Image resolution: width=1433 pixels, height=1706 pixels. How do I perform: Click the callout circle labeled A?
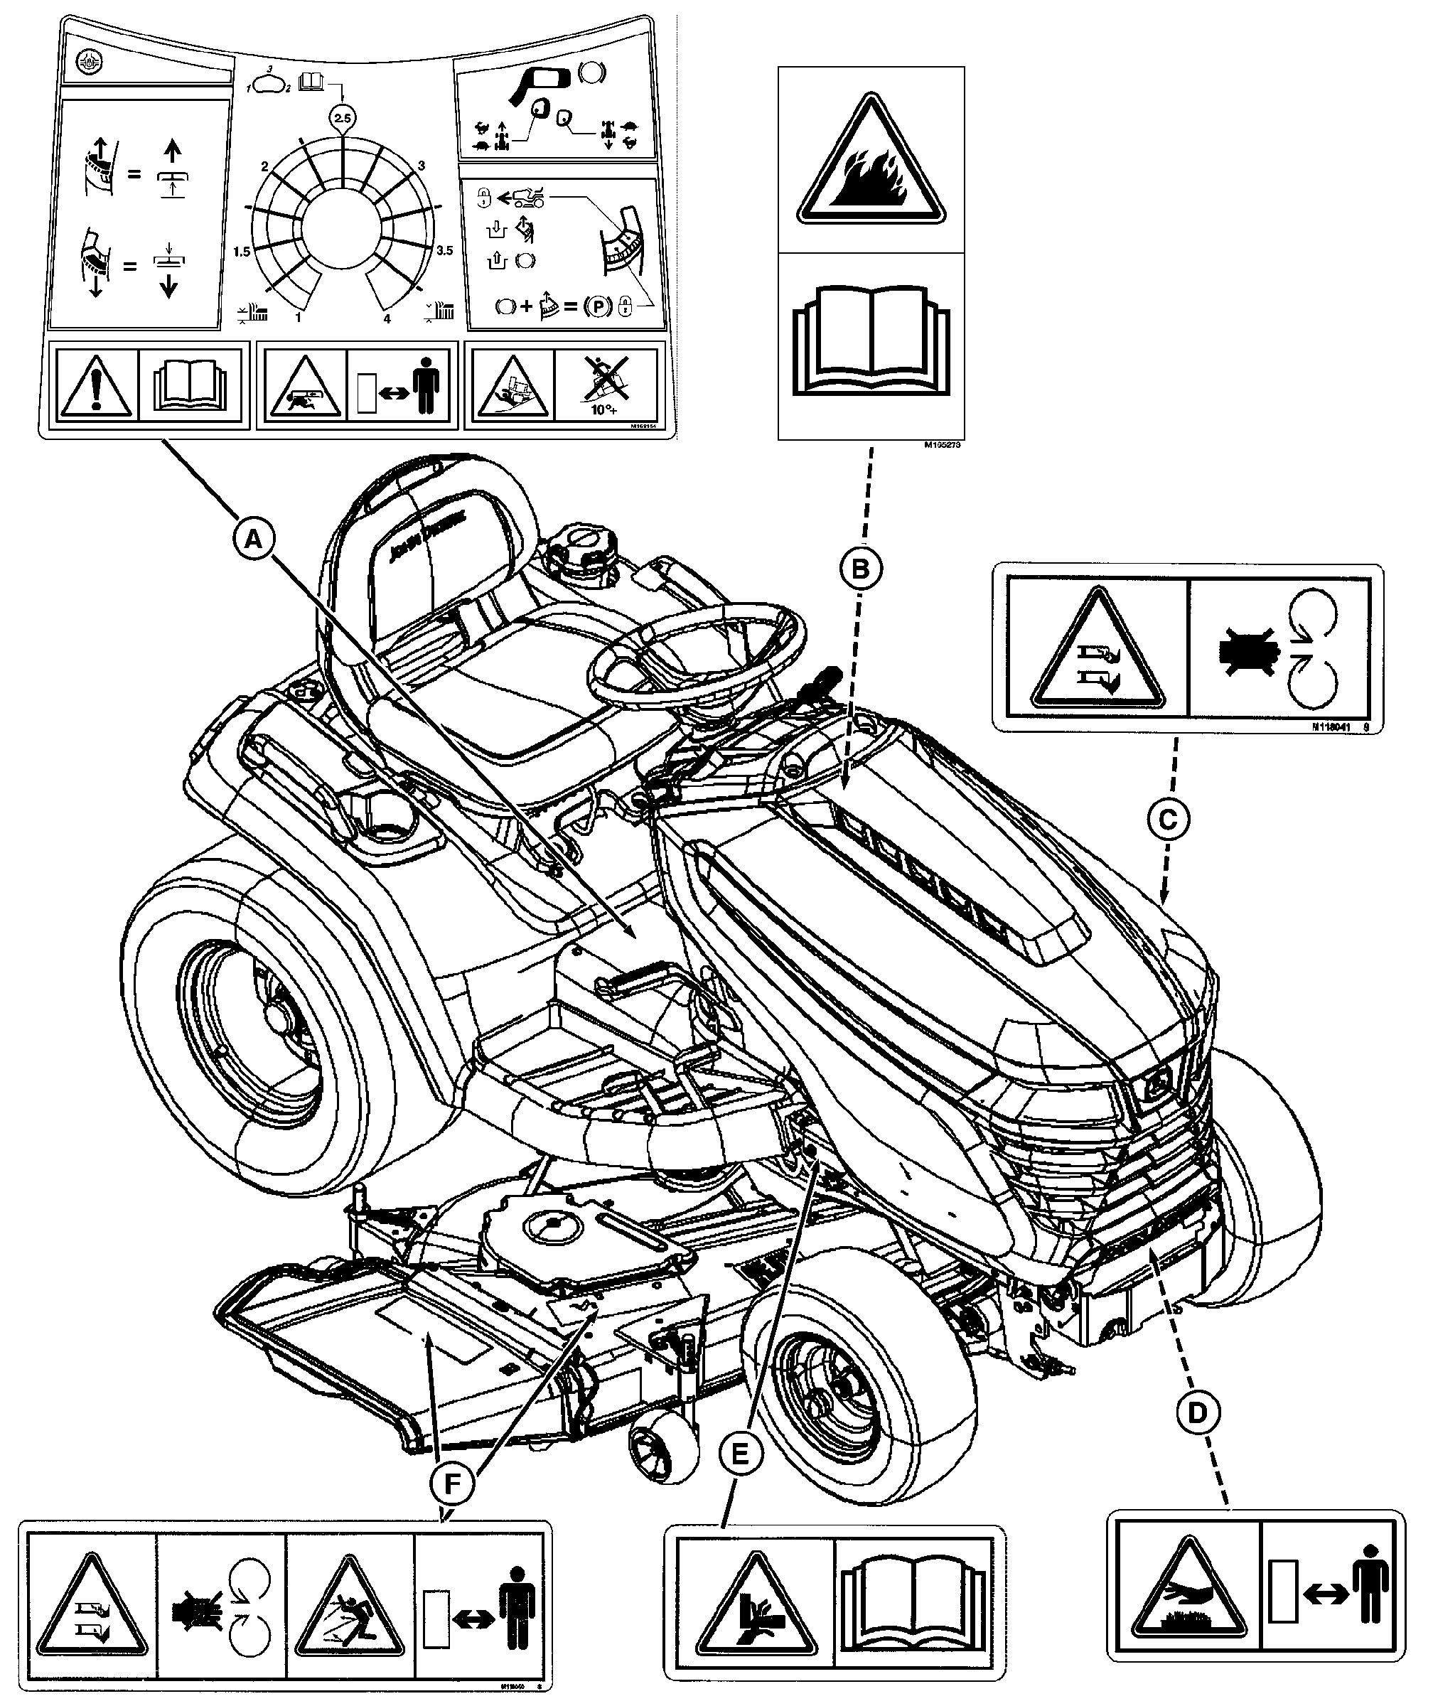tap(254, 539)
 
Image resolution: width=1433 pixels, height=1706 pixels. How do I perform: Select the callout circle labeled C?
tap(1167, 820)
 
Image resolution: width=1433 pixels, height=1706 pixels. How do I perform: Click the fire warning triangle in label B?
tap(871, 163)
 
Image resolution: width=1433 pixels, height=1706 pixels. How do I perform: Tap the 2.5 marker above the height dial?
tap(342, 119)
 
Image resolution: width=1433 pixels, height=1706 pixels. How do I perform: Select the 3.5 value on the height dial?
tap(444, 251)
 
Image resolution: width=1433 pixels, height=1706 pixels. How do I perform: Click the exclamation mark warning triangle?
tap(97, 386)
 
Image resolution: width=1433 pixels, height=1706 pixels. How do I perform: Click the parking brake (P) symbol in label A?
tap(598, 307)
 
